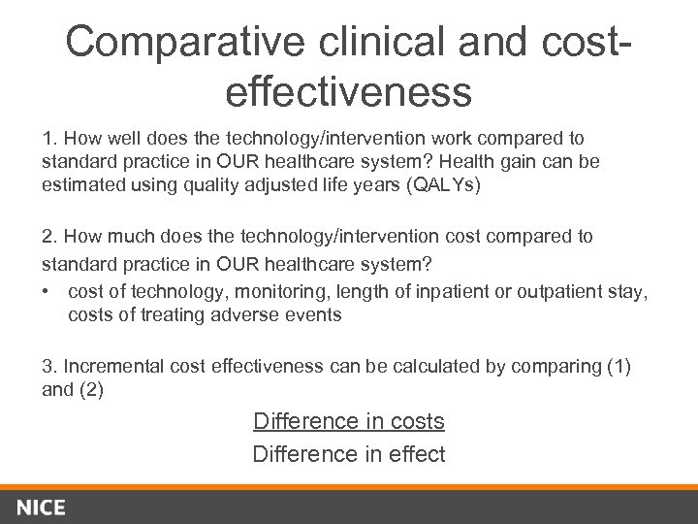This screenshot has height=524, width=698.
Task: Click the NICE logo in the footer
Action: [41, 507]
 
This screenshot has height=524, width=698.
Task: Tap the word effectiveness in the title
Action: [348, 92]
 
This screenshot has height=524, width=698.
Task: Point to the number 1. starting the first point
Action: [48, 139]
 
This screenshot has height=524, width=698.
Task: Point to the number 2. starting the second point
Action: [48, 236]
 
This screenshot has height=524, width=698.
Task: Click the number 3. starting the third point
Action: [48, 366]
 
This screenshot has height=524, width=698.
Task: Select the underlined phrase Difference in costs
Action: [348, 421]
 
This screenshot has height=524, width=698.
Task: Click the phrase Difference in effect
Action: [348, 453]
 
